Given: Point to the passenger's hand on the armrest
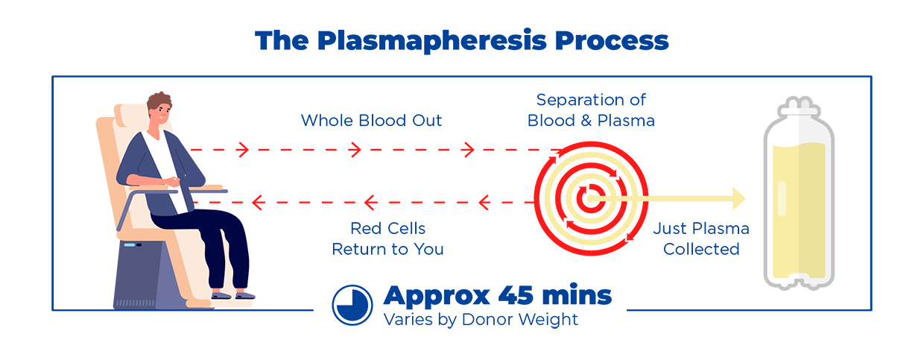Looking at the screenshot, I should (x=174, y=182).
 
